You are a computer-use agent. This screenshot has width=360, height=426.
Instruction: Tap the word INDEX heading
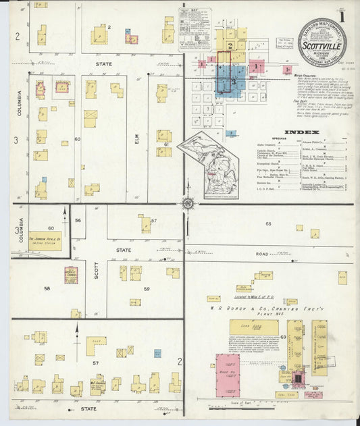(x=297, y=132)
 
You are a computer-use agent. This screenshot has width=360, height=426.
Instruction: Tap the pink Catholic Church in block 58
(x=71, y=275)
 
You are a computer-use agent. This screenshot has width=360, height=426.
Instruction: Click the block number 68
(x=268, y=223)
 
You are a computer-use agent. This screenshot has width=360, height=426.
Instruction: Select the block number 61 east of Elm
(x=165, y=144)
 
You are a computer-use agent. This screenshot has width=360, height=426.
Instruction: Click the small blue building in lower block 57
(x=157, y=353)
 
